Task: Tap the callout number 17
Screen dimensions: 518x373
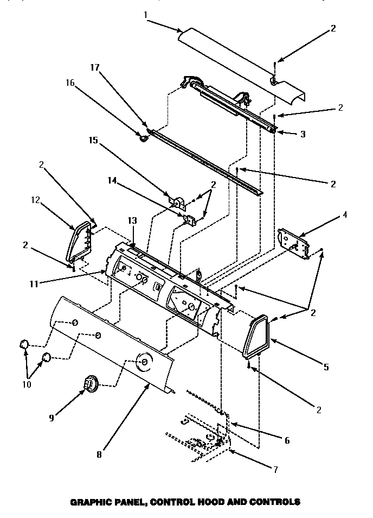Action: coord(95,68)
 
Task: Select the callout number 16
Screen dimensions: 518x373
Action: coord(70,83)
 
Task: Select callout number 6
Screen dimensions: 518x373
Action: coord(287,440)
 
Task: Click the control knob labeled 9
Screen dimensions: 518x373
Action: coord(88,384)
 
